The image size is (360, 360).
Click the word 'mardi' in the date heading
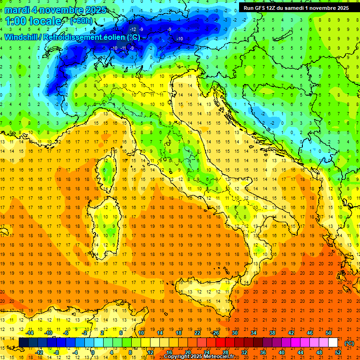pos(17,10)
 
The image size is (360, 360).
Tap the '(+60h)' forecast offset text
pos(82,21)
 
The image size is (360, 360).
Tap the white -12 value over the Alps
pos(133,30)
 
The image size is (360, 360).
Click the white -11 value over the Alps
pos(123,48)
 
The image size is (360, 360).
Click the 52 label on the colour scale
pos(338,352)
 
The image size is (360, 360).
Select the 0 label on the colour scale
pos(93,352)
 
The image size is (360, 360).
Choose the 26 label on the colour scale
pos(216,333)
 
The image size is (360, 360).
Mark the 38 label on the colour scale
pos(272,333)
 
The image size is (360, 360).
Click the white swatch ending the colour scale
pos(333,342)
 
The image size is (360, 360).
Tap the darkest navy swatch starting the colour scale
pos(23,342)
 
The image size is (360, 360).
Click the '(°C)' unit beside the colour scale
pos(349,343)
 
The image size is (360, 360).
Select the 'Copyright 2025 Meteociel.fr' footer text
pos(202,357)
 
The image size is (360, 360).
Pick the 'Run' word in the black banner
pos(249,7)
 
